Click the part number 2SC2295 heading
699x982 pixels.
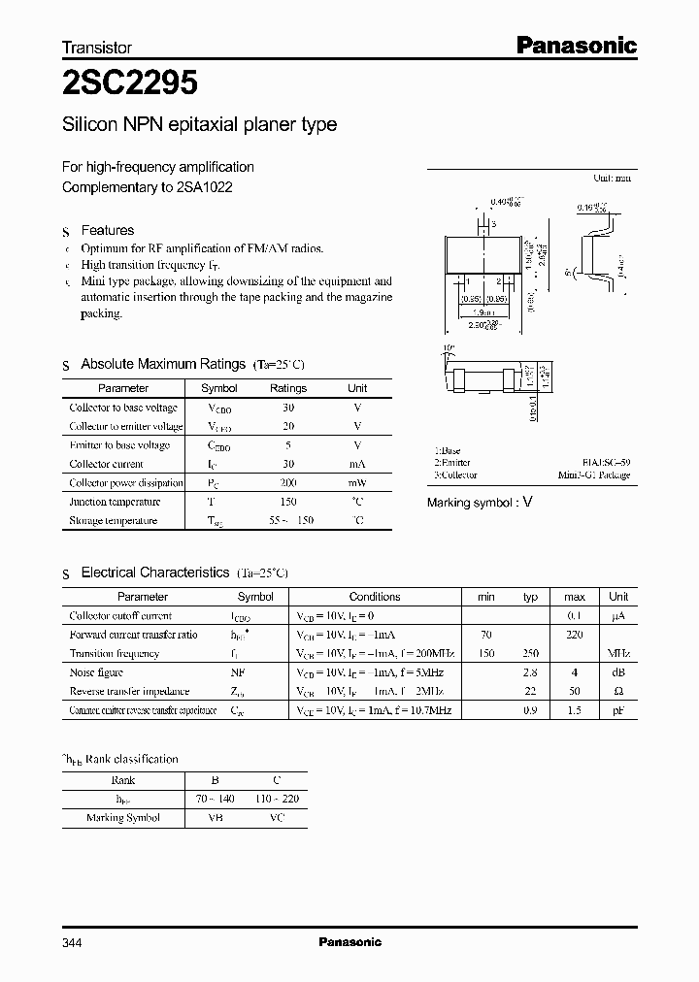tap(130, 84)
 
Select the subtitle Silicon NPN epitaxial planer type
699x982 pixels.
tap(199, 124)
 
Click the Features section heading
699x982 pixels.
tap(107, 230)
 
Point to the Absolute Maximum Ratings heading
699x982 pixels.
tap(163, 364)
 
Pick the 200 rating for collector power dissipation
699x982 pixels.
tap(288, 483)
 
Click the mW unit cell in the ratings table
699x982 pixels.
tap(357, 483)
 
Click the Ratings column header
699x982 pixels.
tap(288, 388)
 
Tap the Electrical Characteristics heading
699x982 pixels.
tap(155, 573)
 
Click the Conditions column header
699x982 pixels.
tap(375, 597)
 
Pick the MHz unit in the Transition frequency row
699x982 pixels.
tap(618, 654)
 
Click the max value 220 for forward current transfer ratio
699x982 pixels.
tap(575, 635)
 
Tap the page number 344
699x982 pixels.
tap(73, 942)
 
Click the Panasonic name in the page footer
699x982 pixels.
tap(350, 942)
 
